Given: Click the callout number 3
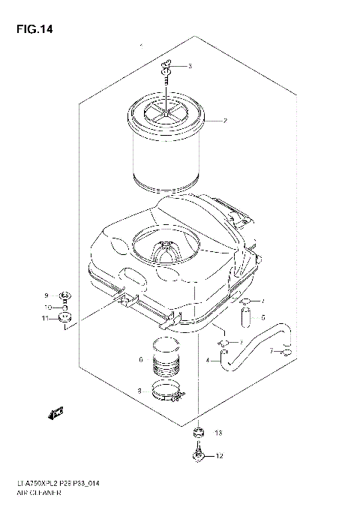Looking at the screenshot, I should (190, 66).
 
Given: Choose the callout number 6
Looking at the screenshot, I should (140, 360).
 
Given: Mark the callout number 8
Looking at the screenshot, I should (139, 390).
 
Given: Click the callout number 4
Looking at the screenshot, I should (206, 361).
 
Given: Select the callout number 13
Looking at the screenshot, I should (217, 433).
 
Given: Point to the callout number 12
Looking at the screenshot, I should (218, 455).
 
